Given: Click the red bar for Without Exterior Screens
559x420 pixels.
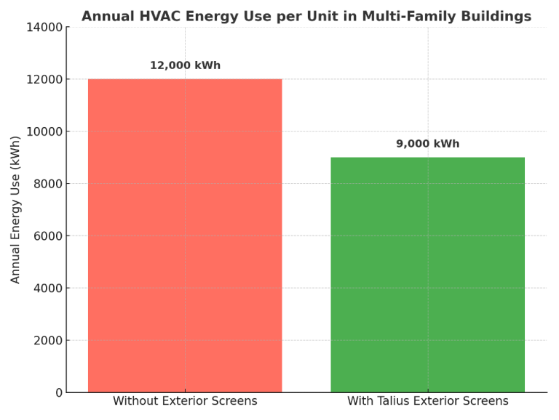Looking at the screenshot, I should click(x=185, y=235).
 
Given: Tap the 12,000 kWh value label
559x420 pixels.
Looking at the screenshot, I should click(x=185, y=65).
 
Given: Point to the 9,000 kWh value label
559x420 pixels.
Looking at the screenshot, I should click(x=427, y=144).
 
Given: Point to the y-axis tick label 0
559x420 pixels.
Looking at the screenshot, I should click(x=58, y=393).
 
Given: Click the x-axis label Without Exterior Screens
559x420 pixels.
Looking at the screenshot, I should click(x=185, y=401).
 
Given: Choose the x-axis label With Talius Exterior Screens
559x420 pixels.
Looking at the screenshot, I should click(x=427, y=401).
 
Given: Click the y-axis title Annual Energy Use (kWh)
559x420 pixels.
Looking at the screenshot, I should click(x=16, y=209).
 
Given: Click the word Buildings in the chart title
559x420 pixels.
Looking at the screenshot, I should click(x=498, y=16).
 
